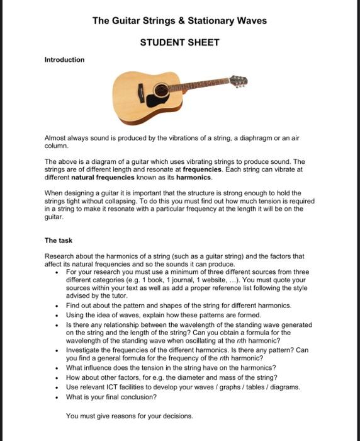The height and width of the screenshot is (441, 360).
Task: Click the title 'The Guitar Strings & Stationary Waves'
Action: coord(179,21)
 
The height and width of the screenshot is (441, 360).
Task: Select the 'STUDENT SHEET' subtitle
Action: coord(179,42)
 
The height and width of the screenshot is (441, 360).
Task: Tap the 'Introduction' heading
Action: coord(64,60)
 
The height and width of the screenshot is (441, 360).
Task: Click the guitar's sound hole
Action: coord(162,89)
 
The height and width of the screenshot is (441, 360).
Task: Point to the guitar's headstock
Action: coord(239,81)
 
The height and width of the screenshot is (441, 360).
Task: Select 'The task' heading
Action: coord(59,240)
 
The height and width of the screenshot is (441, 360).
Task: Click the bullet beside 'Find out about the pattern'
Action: coord(58,305)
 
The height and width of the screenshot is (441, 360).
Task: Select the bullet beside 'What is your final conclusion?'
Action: coord(58,398)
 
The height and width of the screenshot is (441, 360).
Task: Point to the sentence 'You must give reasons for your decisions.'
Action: coord(129,416)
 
